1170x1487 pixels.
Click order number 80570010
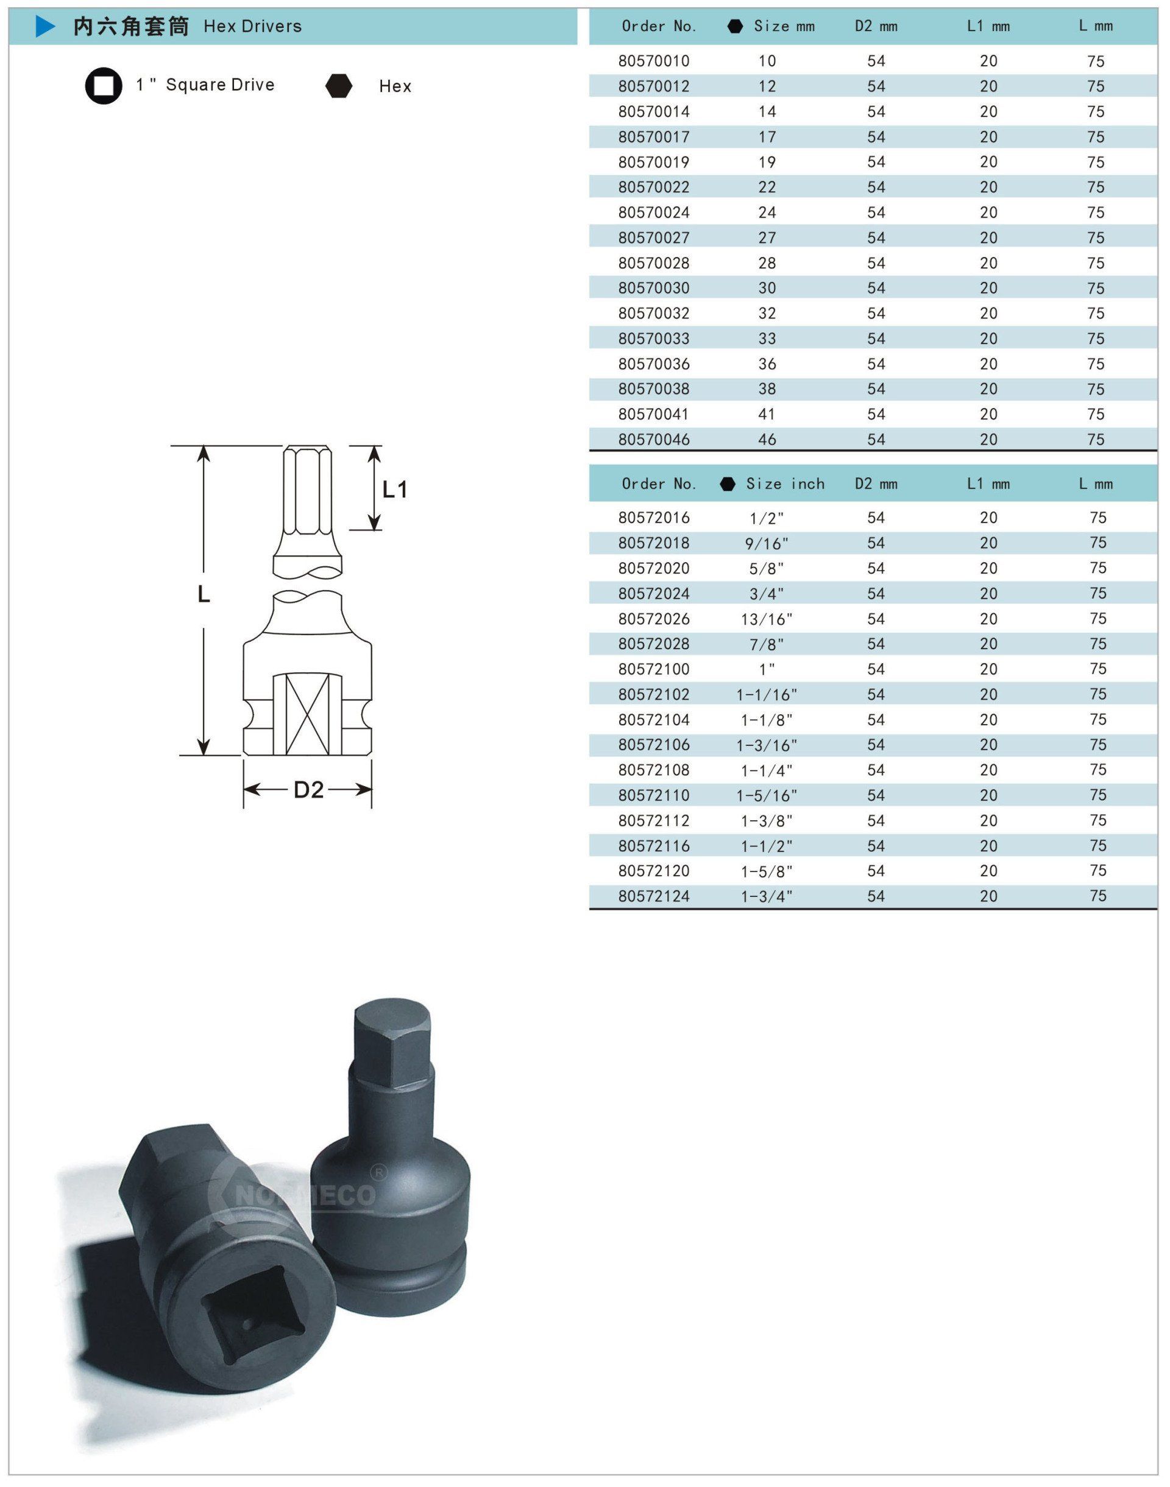coord(653,61)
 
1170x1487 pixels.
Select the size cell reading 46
coord(767,440)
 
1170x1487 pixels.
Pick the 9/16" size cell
coord(767,544)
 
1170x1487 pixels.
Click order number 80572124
coord(653,896)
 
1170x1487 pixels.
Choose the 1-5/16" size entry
coord(767,795)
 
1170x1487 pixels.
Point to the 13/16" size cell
coord(767,619)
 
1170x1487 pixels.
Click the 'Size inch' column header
coord(785,484)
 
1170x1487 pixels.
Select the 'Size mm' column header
coord(784,26)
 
